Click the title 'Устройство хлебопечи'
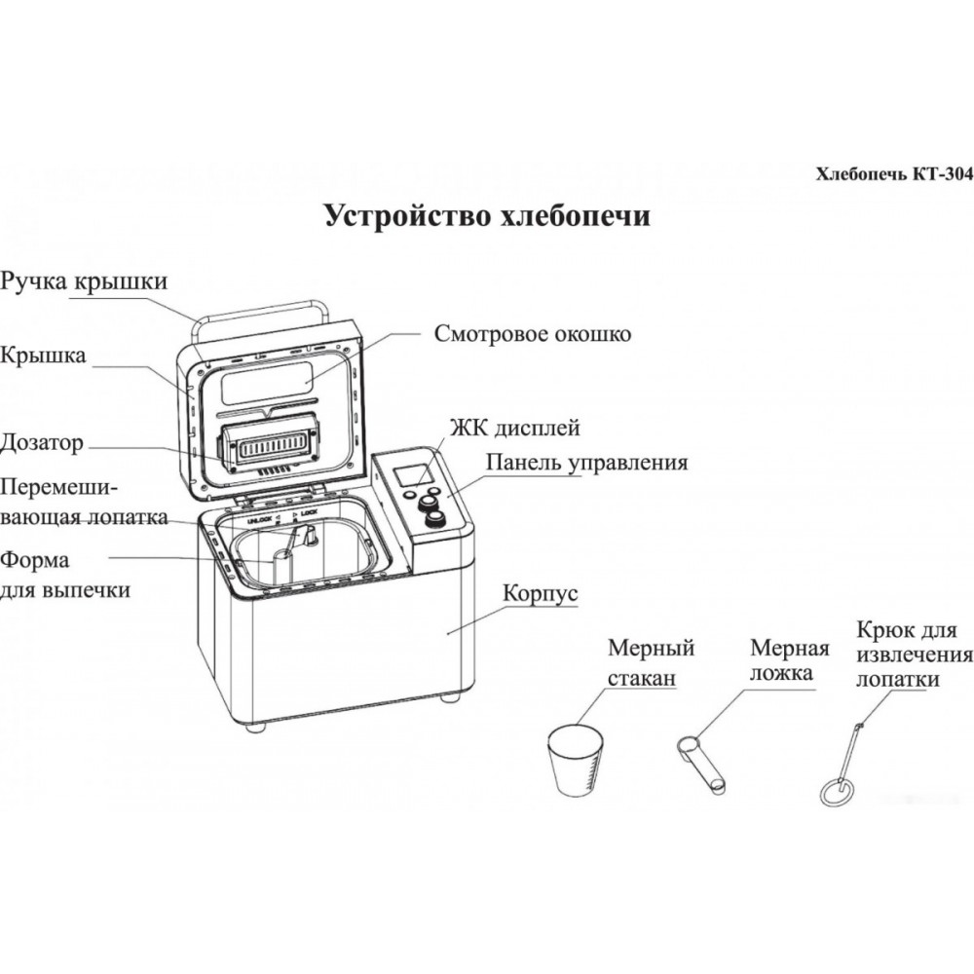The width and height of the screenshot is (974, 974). click(x=487, y=216)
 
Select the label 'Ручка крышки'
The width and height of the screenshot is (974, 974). click(x=84, y=281)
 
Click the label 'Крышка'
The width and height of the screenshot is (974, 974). click(x=43, y=356)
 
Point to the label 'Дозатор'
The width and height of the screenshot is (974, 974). click(x=43, y=443)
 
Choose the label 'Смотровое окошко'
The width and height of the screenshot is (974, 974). click(x=533, y=334)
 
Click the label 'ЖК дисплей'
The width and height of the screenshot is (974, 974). click(x=514, y=428)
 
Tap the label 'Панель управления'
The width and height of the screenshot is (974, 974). click(x=586, y=463)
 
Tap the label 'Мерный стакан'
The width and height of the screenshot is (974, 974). click(x=651, y=663)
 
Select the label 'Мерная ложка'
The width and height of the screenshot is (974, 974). click(x=789, y=661)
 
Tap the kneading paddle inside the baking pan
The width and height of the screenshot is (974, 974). click(x=303, y=539)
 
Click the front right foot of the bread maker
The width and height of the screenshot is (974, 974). click(x=449, y=697)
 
